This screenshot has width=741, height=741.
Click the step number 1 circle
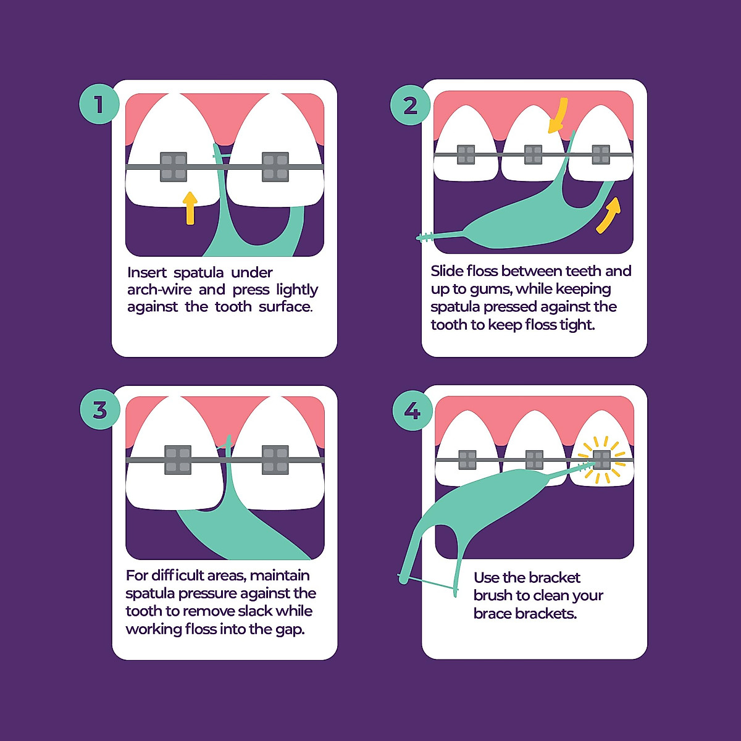[99, 104]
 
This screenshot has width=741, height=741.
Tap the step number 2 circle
[410, 106]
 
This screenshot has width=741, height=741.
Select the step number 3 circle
[100, 409]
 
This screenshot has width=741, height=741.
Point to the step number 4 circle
[412, 410]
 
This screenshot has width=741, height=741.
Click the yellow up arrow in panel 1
[190, 207]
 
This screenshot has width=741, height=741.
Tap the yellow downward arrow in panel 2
[559, 116]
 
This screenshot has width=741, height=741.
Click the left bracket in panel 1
[174, 167]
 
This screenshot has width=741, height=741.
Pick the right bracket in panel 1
[275, 167]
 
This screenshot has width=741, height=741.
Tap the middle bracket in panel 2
[533, 154]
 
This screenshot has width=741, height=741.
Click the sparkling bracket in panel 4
[601, 459]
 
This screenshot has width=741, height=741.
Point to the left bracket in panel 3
[178, 460]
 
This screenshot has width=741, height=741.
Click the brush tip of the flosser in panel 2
[425, 237]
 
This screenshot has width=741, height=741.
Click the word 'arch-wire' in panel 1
[159, 290]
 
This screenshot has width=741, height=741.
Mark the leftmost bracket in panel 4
[467, 460]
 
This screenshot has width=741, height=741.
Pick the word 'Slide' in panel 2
[447, 271]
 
